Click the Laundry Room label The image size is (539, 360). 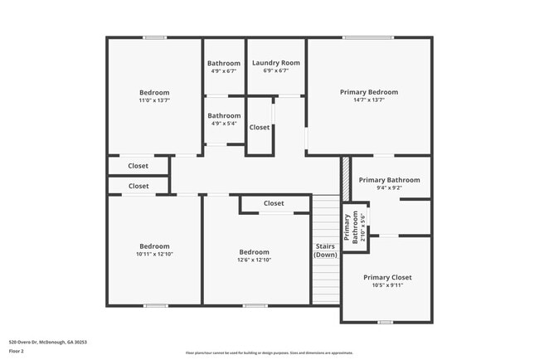(276, 62)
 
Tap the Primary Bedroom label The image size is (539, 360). (369, 92)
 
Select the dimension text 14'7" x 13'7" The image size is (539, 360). (369, 100)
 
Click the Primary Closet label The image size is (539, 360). (387, 277)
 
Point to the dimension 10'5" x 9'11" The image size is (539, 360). (387, 285)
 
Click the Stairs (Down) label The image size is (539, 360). (325, 250)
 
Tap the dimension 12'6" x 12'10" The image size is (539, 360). (255, 260)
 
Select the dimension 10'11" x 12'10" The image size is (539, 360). (154, 254)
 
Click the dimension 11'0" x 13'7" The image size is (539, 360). (154, 100)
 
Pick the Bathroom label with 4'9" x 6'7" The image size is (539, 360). (224, 63)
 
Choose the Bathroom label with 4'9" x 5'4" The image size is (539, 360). (224, 115)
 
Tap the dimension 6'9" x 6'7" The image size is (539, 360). (276, 71)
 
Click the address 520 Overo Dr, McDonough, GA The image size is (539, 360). (48, 342)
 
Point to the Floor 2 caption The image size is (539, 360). (17, 351)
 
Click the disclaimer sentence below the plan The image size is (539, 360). (269, 353)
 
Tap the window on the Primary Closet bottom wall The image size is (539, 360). (385, 322)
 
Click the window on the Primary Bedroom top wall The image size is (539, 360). (369, 37)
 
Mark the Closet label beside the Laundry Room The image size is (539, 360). (260, 127)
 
